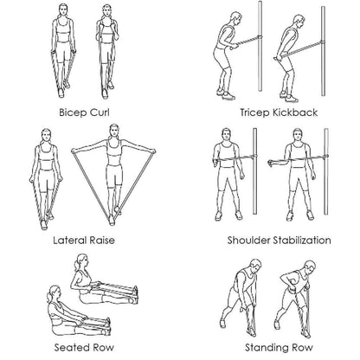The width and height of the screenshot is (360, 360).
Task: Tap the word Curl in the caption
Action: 100,112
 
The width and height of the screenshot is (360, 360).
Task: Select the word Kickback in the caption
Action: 295,112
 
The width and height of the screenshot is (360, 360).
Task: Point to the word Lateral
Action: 70,241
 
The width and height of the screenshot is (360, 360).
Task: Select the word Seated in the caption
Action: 71,347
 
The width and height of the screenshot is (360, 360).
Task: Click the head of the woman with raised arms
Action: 114,132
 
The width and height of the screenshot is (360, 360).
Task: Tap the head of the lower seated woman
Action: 55,293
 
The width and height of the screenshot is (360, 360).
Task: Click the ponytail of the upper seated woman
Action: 76,265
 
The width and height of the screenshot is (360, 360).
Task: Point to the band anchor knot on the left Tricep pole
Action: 260,37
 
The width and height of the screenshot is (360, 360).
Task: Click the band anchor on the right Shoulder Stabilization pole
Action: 325,157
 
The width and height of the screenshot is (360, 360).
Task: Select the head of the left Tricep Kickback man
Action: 235,19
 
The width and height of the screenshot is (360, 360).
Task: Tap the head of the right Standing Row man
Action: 310,267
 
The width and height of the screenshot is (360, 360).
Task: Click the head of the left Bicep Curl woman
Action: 61,11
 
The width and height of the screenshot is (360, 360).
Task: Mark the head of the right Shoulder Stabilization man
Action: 297,136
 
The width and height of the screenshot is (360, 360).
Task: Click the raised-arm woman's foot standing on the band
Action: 112,220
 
